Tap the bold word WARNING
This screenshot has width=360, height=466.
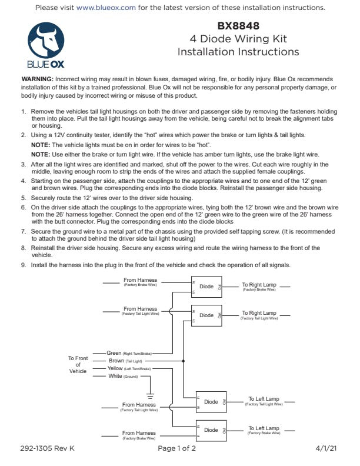click(38, 79)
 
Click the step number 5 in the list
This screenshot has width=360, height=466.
click(24, 198)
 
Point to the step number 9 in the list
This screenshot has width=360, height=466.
click(24, 265)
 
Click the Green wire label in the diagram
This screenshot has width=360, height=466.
click(114, 353)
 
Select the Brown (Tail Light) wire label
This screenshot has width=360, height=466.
click(116, 361)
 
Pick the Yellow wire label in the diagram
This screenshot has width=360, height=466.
click(115, 368)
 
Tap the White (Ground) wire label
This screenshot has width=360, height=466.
click(115, 376)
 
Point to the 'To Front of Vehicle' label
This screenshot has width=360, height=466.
click(78, 364)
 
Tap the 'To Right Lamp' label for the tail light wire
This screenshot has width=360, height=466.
click(259, 314)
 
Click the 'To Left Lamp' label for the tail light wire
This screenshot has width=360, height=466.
click(264, 400)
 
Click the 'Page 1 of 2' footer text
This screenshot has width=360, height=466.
click(176, 448)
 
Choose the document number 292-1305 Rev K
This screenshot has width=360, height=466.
click(45, 448)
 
